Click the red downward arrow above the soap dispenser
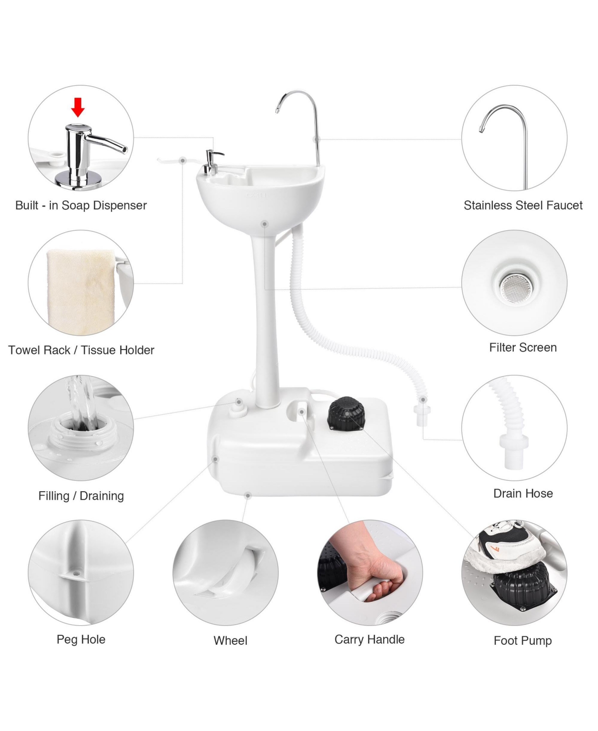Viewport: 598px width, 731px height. click(78, 107)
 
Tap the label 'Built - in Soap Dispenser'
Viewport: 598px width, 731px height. click(81, 205)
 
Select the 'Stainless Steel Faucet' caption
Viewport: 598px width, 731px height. click(523, 205)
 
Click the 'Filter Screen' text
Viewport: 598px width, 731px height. click(523, 348)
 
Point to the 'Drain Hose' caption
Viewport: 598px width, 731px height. click(523, 493)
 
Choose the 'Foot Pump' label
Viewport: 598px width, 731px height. click(522, 641)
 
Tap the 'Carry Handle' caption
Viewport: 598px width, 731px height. click(369, 639)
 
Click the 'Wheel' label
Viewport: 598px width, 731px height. click(230, 641)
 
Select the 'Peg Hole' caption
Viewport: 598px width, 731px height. click(81, 639)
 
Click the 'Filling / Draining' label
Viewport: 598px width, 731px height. click(81, 496)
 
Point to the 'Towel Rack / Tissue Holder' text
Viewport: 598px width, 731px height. click(81, 350)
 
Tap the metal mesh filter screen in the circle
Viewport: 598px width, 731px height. click(515, 287)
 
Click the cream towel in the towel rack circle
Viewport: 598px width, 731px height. click(80, 292)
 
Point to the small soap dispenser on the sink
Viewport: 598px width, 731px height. click(212, 162)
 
